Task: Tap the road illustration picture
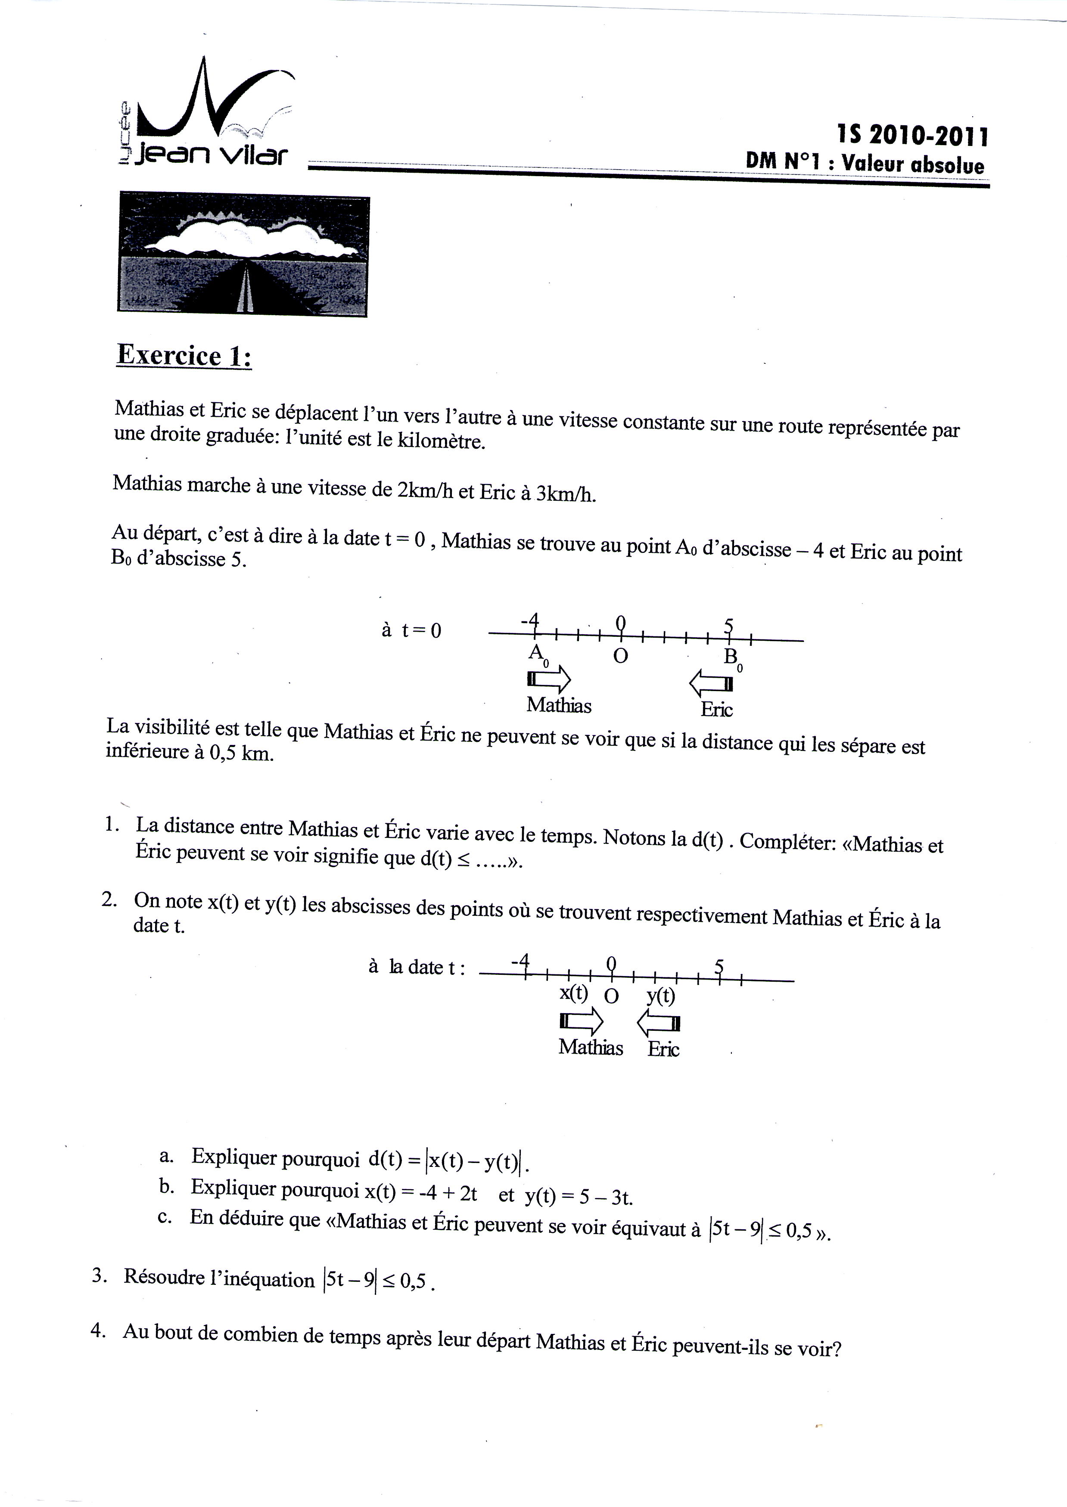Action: pyautogui.click(x=243, y=255)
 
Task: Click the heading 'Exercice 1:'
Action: pyautogui.click(x=184, y=356)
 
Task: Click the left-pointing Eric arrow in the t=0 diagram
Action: pyautogui.click(x=711, y=684)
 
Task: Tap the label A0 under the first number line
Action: pyautogui.click(x=538, y=654)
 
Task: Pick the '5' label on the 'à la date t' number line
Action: pyautogui.click(x=719, y=966)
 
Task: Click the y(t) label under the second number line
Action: pyautogui.click(x=660, y=996)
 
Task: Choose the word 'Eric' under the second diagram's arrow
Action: pyautogui.click(x=663, y=1049)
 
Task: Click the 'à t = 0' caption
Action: pyautogui.click(x=411, y=631)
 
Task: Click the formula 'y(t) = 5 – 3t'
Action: pyautogui.click(x=578, y=1197)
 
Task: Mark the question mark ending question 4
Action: pyautogui.click(x=836, y=1349)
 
